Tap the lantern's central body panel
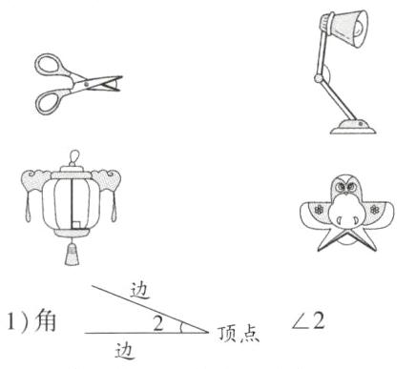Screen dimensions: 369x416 (70, 201)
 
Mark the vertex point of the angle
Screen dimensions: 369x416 (209, 333)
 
